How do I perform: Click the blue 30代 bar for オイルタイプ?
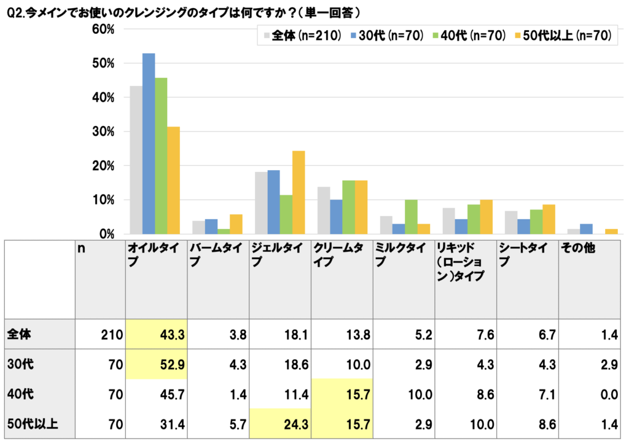tap(149, 144)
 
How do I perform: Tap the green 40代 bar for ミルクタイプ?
tap(410, 217)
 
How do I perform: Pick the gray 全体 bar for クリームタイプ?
tap(323, 210)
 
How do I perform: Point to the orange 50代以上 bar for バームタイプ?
tap(236, 224)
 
